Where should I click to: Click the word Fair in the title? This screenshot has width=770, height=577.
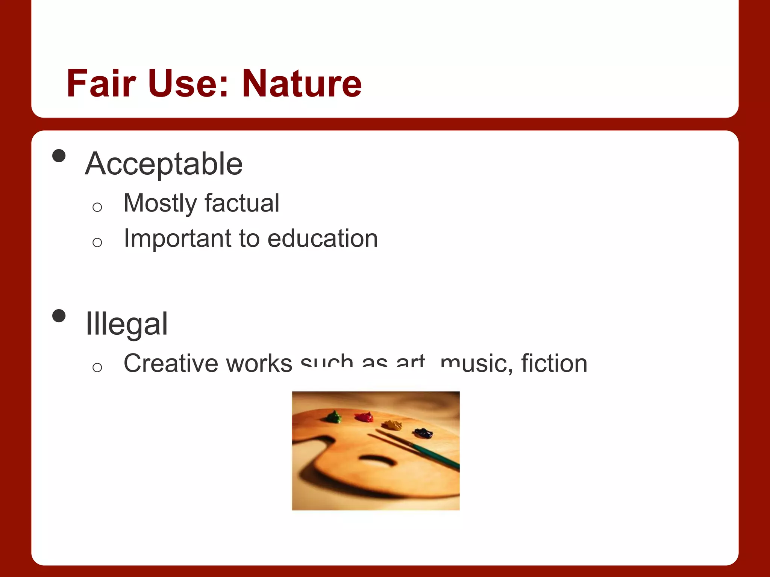coord(101,83)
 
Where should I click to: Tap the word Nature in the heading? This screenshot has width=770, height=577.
coord(302,83)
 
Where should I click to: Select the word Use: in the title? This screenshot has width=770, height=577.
coord(188,83)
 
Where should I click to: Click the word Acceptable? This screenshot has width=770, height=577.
coord(164,164)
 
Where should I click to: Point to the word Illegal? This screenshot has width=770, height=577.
coord(127,324)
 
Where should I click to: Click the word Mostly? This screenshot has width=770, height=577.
coord(160,203)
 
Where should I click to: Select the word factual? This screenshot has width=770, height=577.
coord(242,203)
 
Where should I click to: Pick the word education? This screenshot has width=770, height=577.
coord(323,239)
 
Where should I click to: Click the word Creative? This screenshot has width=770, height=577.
coord(171,363)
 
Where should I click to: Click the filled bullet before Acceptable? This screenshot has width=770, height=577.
coord(59,156)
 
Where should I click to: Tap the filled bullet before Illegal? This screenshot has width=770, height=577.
coord(59,316)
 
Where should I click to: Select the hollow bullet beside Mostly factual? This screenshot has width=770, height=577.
coord(97,207)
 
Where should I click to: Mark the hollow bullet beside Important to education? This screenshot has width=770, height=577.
coord(97,242)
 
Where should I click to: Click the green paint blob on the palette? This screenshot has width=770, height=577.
coord(333,417)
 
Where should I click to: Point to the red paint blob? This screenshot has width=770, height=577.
coord(364,417)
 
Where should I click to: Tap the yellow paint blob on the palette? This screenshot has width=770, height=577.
coord(392,425)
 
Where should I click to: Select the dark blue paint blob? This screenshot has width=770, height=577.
coord(423,433)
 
